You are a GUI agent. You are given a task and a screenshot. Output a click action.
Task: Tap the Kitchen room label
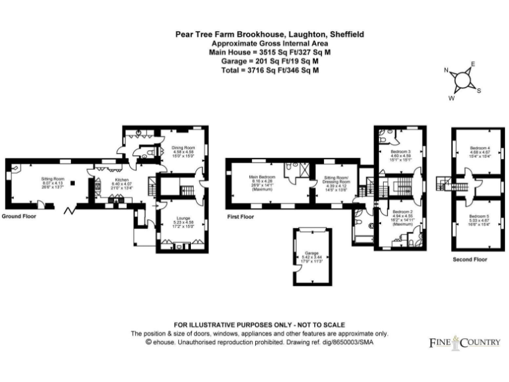click(121, 180)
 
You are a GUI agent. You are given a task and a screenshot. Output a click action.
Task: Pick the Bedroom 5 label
click(480, 216)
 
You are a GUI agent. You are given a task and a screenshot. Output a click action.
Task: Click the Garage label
click(312, 253)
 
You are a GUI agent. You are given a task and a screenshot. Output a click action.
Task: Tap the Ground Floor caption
click(18, 217)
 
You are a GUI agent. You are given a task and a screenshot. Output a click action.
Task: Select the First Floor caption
click(240, 217)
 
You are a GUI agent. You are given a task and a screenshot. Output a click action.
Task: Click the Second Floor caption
click(470, 259)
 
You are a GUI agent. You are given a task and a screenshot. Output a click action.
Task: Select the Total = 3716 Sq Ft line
click(264, 69)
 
